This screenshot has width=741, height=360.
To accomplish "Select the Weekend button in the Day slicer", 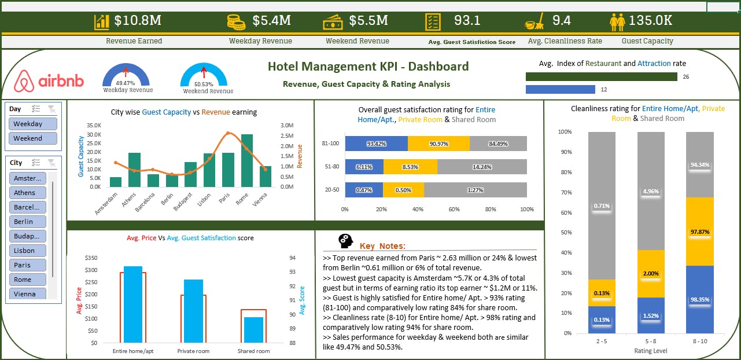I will tap(33, 138).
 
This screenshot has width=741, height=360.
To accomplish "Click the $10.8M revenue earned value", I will tap(138, 21).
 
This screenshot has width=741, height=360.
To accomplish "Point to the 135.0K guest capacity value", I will tap(650, 21).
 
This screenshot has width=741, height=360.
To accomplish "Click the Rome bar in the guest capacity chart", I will tap(247, 160).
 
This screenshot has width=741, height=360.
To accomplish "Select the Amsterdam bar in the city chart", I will tap(116, 182).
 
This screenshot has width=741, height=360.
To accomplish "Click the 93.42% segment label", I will tap(376, 144).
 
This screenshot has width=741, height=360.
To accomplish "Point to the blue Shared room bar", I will tap(253, 329).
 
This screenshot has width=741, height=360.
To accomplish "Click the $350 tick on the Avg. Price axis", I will tap(91, 258).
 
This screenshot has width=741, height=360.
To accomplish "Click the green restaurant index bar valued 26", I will tap(601, 76).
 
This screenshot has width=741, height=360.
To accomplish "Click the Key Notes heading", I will tap(382, 246).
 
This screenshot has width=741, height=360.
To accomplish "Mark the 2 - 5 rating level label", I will tap(602, 341).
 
